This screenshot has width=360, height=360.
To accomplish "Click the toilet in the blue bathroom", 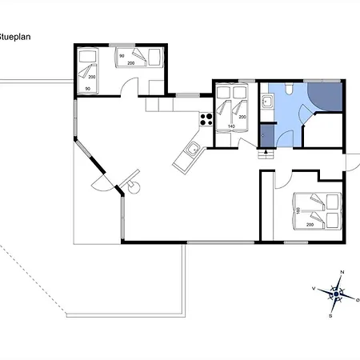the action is [x=289, y=88].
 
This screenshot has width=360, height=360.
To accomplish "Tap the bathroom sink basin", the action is [x=267, y=101].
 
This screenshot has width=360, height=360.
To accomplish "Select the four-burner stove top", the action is [x=206, y=119].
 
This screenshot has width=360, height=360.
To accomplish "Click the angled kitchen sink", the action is [x=193, y=149].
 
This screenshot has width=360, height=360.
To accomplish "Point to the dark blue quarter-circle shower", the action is [x=326, y=96].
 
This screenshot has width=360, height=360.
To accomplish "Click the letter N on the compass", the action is [x=342, y=272].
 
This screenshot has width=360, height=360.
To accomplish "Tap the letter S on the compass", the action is [x=330, y=316].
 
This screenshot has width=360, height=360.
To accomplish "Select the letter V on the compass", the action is [x=314, y=288].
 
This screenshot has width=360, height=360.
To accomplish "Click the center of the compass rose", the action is [x=336, y=294].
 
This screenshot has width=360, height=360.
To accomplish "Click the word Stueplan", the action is [x=14, y=37].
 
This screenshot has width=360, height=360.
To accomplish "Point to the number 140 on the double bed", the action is [x=231, y=126].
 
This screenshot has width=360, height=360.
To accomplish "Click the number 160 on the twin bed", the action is [x=298, y=210].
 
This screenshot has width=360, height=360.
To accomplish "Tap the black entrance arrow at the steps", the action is [x=266, y=151].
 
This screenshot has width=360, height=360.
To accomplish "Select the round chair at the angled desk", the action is [x=134, y=187].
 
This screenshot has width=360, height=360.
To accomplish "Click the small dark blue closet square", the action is [x=267, y=136].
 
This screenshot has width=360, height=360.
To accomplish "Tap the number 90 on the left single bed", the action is [x=88, y=89].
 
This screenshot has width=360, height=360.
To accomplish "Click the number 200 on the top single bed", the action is [x=131, y=63].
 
